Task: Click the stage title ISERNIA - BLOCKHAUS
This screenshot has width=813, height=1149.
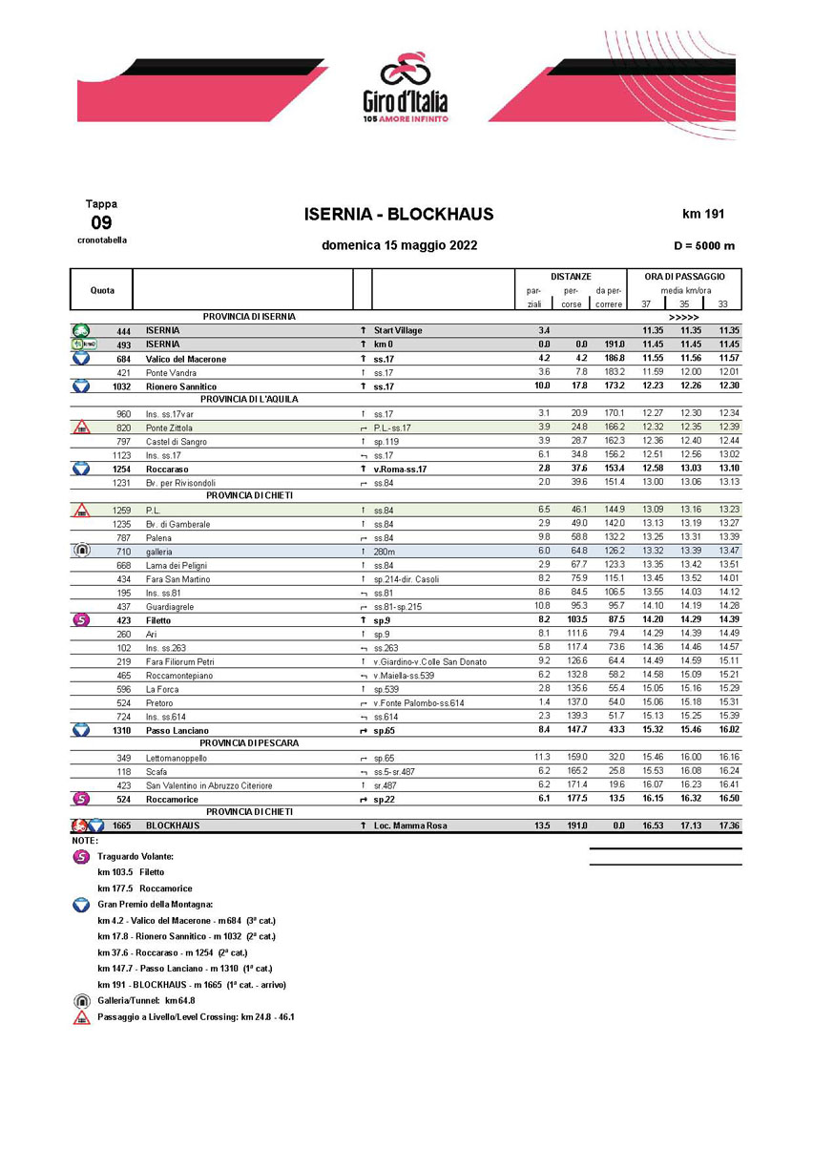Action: (x=399, y=215)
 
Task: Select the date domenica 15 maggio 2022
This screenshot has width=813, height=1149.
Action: (x=400, y=245)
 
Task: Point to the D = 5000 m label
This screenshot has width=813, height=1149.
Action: (x=703, y=245)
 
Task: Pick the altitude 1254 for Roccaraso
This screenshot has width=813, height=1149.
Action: (x=122, y=470)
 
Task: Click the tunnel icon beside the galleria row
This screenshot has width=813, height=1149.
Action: (x=81, y=552)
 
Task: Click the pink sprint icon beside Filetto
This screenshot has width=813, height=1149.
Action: (x=81, y=620)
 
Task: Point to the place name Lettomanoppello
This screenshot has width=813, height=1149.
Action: (x=177, y=758)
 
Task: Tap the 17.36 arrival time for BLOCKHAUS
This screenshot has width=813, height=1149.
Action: (x=729, y=825)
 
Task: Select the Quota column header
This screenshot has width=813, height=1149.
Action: (x=102, y=289)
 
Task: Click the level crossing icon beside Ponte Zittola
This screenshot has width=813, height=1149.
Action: (x=81, y=428)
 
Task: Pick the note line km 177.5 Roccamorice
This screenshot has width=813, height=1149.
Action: (x=145, y=887)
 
